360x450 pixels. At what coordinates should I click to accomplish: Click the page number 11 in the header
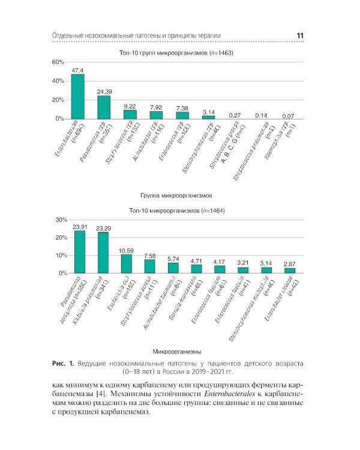(x=300, y=36)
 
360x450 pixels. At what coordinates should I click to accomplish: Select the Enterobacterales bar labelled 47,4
(x=78, y=97)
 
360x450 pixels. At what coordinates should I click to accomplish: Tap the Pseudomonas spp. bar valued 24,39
(x=104, y=107)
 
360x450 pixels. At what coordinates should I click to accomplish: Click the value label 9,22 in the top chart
(x=130, y=106)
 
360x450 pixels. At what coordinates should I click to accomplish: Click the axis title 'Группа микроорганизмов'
(x=176, y=196)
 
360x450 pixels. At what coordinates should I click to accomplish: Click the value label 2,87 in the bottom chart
(x=290, y=264)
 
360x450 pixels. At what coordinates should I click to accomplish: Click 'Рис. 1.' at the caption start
(x=62, y=364)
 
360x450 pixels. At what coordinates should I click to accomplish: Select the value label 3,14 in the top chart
(x=208, y=112)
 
